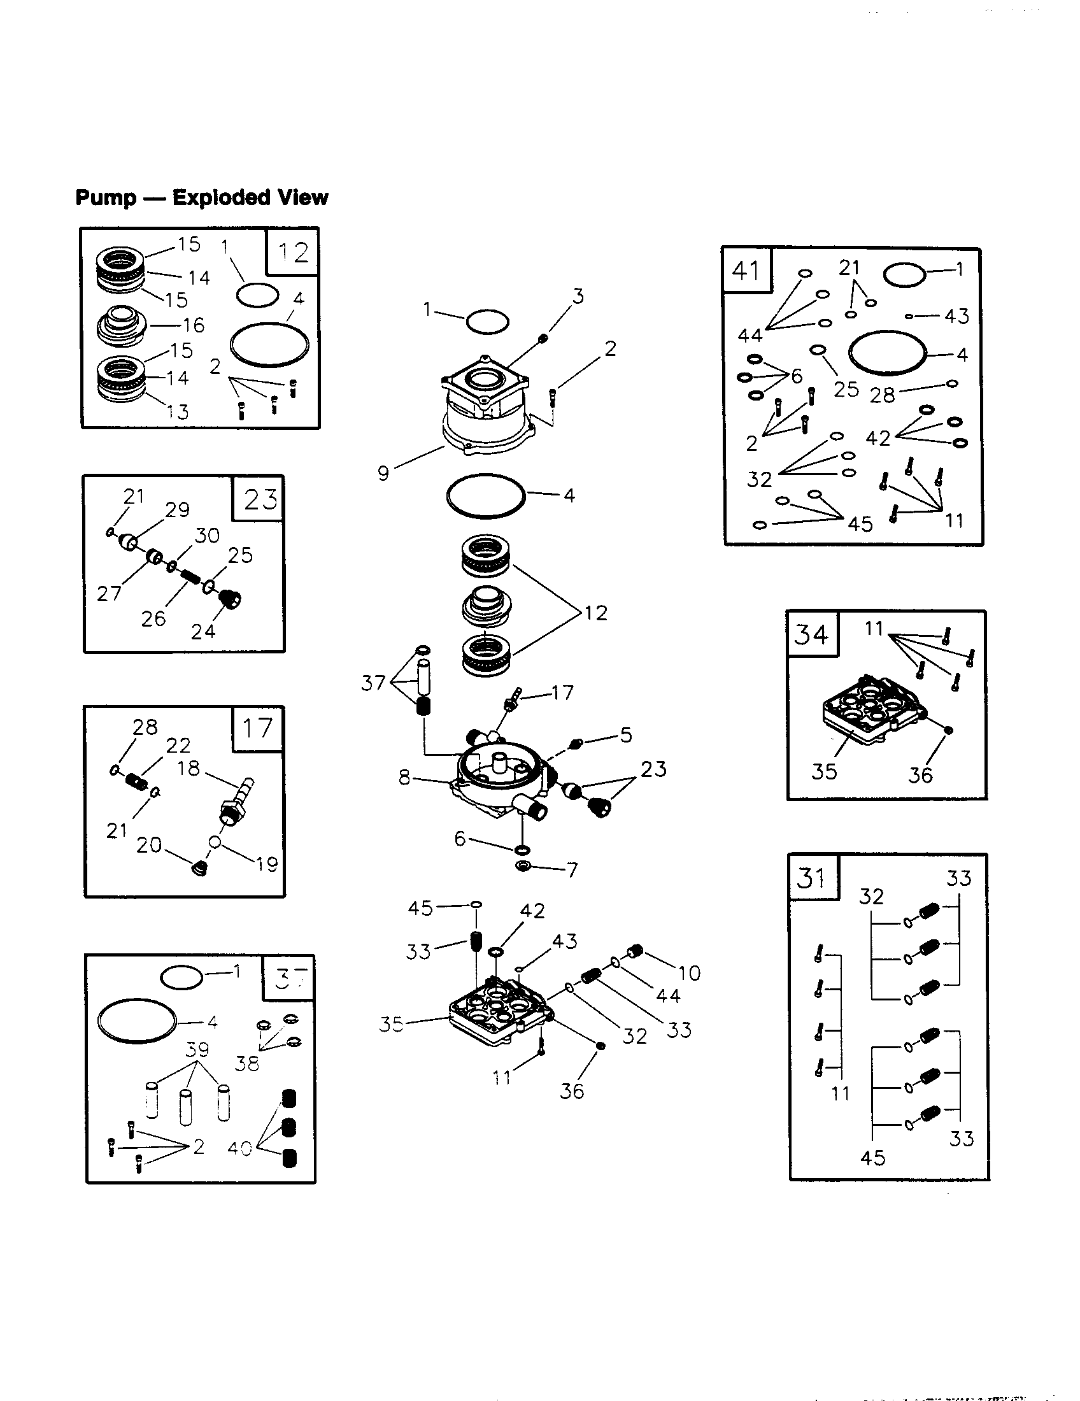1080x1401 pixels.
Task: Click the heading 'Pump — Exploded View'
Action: point(201,197)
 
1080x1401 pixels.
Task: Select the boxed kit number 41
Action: point(746,271)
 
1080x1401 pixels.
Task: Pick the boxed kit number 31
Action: point(812,877)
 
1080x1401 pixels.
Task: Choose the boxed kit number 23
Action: point(260,499)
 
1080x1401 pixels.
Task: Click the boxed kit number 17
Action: point(257,728)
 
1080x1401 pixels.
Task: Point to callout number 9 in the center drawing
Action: point(383,473)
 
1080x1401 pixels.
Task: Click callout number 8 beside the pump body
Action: point(404,778)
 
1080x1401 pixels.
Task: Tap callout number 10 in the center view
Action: point(690,973)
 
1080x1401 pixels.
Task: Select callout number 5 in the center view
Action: point(626,734)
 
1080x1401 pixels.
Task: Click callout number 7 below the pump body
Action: point(572,870)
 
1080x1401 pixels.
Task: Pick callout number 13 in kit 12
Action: point(178,411)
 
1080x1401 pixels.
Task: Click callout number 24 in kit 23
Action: point(203,632)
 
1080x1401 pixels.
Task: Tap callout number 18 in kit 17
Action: point(188,768)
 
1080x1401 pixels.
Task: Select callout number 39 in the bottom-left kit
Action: point(197,1049)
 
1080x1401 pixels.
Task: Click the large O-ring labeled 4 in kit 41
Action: point(888,353)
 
